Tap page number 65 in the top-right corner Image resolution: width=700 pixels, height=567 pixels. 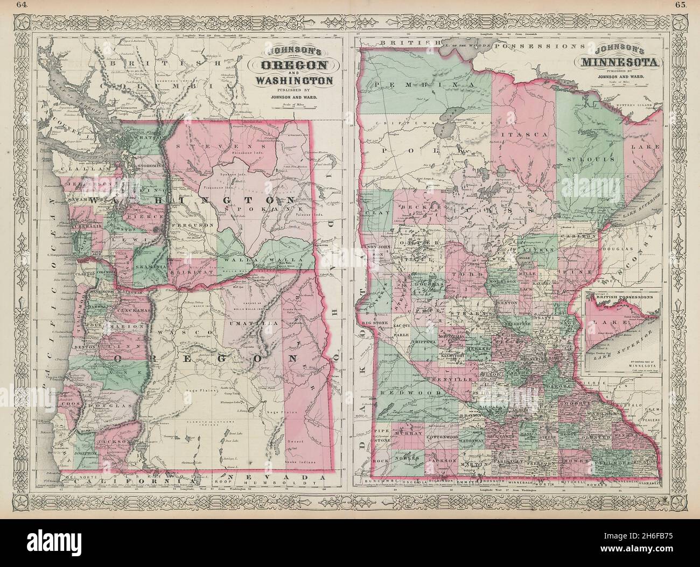click(x=680, y=6)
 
